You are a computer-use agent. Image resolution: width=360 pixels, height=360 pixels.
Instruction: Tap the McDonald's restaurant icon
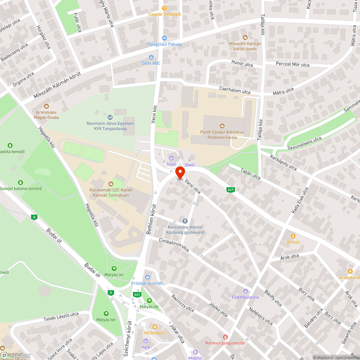[155, 327]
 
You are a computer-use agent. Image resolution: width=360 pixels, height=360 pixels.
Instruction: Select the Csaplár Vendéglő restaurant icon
[165, 8]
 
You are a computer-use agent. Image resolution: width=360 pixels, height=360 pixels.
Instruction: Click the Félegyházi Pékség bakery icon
[165, 38]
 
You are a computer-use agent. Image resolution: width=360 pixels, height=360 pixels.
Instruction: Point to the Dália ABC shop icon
[151, 57]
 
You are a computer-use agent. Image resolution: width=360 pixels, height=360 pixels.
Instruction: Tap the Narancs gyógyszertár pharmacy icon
[225, 337]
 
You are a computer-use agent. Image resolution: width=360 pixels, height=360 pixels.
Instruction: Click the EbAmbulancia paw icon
[246, 291]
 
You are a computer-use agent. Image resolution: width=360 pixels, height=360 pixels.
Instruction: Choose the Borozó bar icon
[293, 236]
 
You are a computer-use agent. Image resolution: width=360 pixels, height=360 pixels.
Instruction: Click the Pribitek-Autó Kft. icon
[147, 277]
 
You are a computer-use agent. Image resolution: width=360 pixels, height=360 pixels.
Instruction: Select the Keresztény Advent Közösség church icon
[185, 221]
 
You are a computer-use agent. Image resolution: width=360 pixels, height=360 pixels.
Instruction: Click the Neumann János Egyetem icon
[110, 117]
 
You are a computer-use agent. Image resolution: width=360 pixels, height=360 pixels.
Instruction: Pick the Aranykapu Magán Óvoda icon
[46, 106]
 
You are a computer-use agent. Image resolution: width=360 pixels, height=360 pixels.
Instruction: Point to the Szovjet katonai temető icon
[21, 183]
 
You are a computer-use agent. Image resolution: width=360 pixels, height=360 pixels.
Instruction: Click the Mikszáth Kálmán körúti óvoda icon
[245, 37]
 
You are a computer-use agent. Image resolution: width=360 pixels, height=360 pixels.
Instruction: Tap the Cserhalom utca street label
[235, 90]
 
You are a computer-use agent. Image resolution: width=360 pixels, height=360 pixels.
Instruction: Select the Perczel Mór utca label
[292, 64]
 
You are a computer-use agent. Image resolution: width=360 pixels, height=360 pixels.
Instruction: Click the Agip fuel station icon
[145, 341]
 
